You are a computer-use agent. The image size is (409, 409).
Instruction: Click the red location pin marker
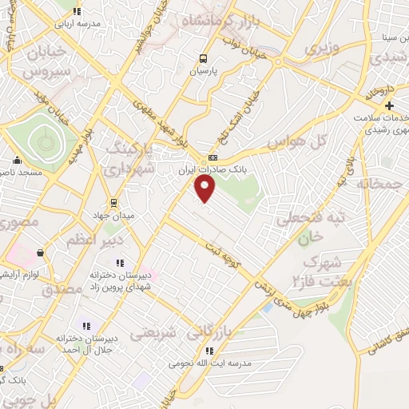[205, 188]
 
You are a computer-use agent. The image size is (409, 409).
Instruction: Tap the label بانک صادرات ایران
[212, 169]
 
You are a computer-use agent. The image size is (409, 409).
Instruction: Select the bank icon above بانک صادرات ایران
[212, 157]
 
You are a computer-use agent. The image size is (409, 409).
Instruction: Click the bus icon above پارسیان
[203, 58]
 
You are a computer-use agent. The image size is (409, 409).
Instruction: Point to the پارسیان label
[203, 70]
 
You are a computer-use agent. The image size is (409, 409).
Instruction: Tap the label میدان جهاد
[113, 214]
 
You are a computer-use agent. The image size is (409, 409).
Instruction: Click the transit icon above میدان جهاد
[113, 201]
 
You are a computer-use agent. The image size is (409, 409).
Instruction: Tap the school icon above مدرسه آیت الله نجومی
[208, 350]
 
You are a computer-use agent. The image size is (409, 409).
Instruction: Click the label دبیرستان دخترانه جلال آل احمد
[86, 343]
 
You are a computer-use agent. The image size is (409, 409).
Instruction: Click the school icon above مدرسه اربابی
[77, 11]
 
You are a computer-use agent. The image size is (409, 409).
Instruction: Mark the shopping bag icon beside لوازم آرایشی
[39, 253]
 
